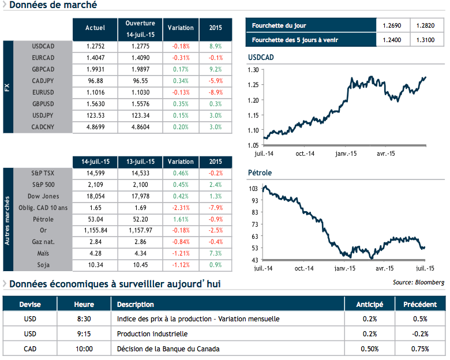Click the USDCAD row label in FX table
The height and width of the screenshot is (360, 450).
(44, 45)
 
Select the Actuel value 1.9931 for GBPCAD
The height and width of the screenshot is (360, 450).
(95, 69)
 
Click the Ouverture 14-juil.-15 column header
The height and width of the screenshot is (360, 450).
(140, 27)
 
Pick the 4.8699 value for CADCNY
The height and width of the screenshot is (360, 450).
(95, 127)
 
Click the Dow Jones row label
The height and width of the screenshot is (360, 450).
(44, 196)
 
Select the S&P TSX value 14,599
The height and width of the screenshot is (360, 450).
(95, 172)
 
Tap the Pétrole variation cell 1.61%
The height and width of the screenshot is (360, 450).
(181, 219)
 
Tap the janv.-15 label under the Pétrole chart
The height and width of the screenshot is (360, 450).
(344, 268)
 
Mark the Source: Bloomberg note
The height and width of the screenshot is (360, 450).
(418, 282)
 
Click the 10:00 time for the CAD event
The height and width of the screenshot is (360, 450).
(84, 348)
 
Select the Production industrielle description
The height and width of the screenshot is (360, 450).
(152, 333)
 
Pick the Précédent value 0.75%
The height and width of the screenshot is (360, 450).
(419, 348)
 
